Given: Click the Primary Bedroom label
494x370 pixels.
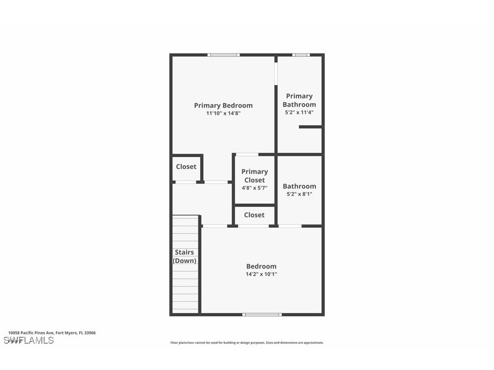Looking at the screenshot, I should (x=223, y=105).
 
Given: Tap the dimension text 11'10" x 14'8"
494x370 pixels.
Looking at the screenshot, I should (x=223, y=113).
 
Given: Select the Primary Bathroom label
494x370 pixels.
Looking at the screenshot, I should (x=299, y=100).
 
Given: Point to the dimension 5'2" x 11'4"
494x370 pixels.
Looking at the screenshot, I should (x=299, y=112).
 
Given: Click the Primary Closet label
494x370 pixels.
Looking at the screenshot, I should (x=254, y=175).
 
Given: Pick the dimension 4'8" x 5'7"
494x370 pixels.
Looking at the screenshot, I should (x=254, y=188).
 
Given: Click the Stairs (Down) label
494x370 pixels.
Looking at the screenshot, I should (x=185, y=256).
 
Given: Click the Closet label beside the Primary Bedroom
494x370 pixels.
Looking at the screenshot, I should (x=186, y=167).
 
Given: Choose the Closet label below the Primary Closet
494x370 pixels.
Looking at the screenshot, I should (x=254, y=215).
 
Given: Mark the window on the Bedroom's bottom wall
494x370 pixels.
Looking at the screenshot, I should (x=262, y=314).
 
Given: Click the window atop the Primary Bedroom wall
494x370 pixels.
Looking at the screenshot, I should (x=223, y=55).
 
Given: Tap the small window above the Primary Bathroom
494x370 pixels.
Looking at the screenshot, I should (x=301, y=55).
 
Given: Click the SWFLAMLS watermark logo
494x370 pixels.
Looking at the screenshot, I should (x=29, y=340).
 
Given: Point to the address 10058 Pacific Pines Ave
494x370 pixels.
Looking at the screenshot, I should (x=52, y=333).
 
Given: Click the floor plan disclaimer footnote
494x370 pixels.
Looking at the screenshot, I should (x=247, y=343).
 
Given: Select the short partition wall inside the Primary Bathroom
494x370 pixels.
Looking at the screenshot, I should (x=310, y=127).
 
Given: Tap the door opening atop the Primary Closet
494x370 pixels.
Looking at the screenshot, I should (x=247, y=155).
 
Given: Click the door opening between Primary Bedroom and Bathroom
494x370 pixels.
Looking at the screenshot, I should (x=276, y=73).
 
